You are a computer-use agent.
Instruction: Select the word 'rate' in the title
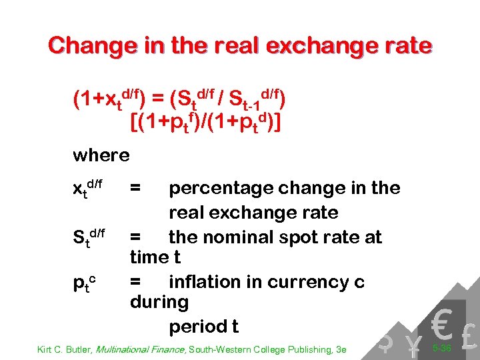(407, 45)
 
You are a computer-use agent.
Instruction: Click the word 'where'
(101, 155)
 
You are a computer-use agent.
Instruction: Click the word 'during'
(159, 302)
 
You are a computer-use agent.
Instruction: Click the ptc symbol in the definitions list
(86, 283)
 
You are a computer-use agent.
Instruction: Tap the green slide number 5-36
(441, 348)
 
